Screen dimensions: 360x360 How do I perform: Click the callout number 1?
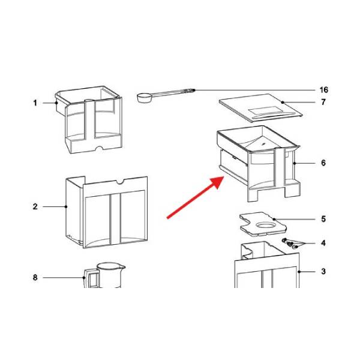tap(35, 103)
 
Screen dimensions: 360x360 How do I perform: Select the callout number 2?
tap(35, 206)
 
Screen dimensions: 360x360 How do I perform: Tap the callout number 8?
tap(35, 278)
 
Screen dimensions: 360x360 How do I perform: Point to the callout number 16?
tap(324, 90)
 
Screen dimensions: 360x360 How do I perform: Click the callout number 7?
tap(323, 102)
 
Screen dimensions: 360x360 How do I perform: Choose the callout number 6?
tap(323, 163)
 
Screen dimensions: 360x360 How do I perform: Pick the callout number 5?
tap(323, 219)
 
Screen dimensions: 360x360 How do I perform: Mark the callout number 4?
tap(323, 243)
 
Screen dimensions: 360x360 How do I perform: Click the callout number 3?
tap(323, 272)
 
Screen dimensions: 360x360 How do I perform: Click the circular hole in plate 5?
tap(265, 224)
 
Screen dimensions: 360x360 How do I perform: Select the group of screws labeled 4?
tap(290, 244)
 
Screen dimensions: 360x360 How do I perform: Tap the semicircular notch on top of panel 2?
tap(120, 182)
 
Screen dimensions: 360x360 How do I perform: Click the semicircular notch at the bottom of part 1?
tap(100, 148)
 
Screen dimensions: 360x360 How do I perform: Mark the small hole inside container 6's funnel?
tap(263, 144)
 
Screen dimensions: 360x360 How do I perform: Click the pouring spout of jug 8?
tap(122, 268)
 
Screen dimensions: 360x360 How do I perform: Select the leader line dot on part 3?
tap(299, 272)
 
